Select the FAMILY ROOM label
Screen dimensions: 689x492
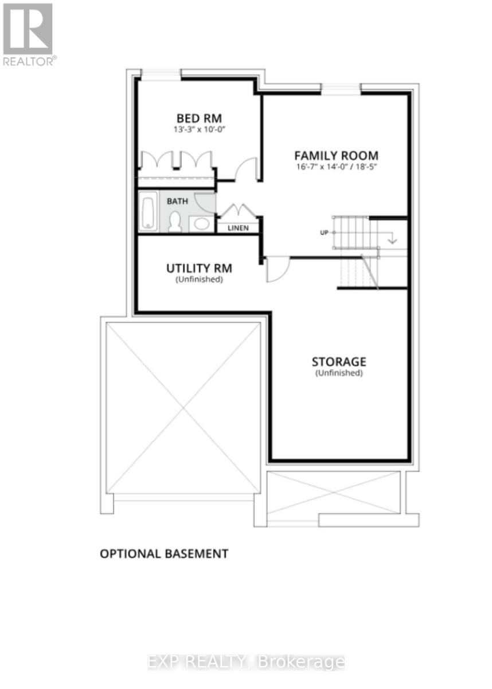[x=336, y=155]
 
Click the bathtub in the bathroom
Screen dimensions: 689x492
[x=148, y=212]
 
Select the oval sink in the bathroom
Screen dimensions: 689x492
[x=201, y=223]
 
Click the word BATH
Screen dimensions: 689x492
[x=177, y=202]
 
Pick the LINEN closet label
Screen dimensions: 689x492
[x=238, y=228]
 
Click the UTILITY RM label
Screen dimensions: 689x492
[x=199, y=268]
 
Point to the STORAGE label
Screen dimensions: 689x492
[x=338, y=362]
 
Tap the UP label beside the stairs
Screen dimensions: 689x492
[x=323, y=233]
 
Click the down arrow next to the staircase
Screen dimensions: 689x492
[x=392, y=238]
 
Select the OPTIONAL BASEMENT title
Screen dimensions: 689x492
[x=164, y=553]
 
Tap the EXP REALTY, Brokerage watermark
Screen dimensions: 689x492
[x=246, y=662]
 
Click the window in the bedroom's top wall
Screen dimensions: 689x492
[x=161, y=74]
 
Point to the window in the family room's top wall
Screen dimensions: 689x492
[x=341, y=88]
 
